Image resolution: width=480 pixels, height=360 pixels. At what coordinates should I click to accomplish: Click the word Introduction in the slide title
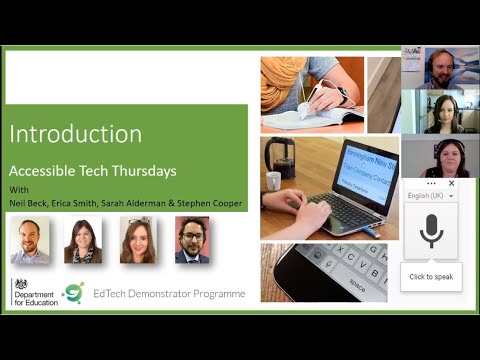click(75, 134)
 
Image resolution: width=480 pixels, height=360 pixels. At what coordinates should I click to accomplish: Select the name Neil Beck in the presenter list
click(30, 203)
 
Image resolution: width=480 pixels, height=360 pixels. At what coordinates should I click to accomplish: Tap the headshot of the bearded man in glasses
click(192, 240)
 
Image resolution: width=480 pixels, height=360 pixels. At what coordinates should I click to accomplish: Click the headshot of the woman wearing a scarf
click(83, 240)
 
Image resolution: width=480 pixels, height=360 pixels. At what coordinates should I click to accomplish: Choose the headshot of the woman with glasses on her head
click(137, 240)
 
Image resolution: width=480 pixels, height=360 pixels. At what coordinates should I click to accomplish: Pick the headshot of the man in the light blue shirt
click(29, 240)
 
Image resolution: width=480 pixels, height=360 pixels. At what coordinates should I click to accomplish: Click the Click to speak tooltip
click(431, 276)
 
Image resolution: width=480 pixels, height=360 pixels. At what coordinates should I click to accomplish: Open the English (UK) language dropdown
click(431, 196)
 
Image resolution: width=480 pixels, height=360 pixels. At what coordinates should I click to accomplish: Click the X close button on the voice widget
click(451, 184)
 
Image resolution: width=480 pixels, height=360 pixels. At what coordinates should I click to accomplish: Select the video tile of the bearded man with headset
click(440, 68)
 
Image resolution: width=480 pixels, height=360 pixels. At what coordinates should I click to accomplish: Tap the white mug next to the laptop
click(273, 181)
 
